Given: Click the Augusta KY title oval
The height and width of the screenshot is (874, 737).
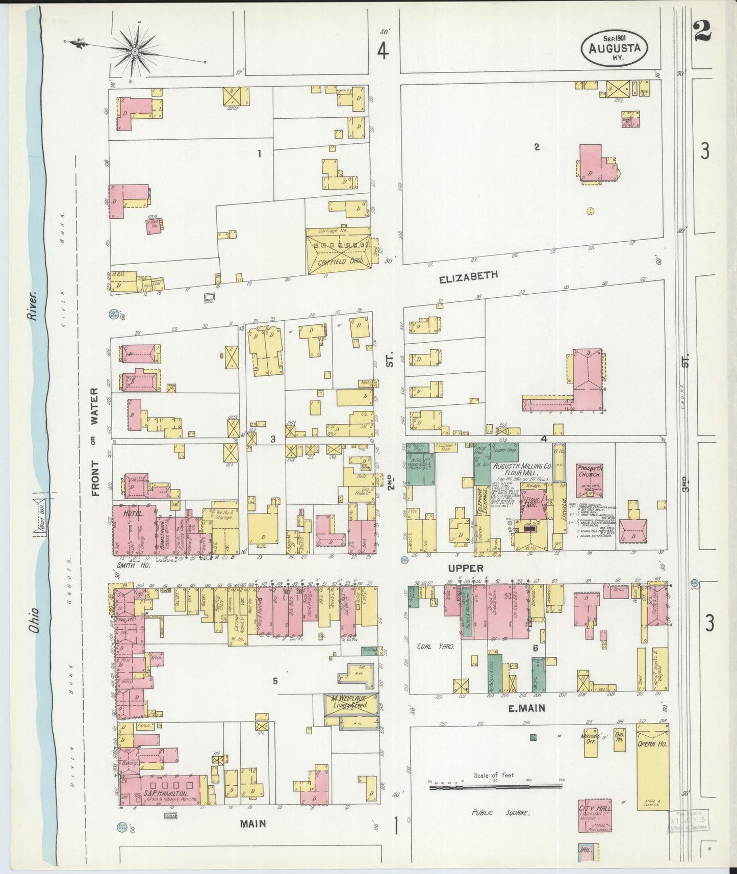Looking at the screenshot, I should [615, 46].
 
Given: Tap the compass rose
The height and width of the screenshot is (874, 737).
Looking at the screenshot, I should [135, 51].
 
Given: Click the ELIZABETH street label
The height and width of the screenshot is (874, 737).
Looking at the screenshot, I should [468, 276].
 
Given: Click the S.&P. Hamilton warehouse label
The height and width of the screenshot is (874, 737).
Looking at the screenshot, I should [166, 795].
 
